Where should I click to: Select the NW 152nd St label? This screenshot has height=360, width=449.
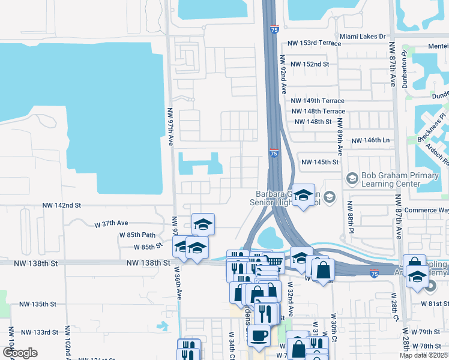[310, 64]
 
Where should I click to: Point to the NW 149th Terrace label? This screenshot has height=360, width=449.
[318, 101]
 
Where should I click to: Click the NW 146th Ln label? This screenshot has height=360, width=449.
[370, 140]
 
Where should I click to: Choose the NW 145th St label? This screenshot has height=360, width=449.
[320, 163]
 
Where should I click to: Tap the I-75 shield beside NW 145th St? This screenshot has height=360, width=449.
[274, 154]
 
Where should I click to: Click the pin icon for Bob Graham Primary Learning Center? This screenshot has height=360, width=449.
[352, 178]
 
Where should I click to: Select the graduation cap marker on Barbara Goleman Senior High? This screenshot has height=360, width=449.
[304, 195]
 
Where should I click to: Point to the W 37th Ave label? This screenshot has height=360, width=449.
[111, 223]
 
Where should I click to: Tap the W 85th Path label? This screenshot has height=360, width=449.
[137, 235]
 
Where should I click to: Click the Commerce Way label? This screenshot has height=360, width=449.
[426, 211]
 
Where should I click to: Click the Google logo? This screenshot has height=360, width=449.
[20, 353]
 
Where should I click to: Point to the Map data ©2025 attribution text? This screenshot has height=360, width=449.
[424, 355]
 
